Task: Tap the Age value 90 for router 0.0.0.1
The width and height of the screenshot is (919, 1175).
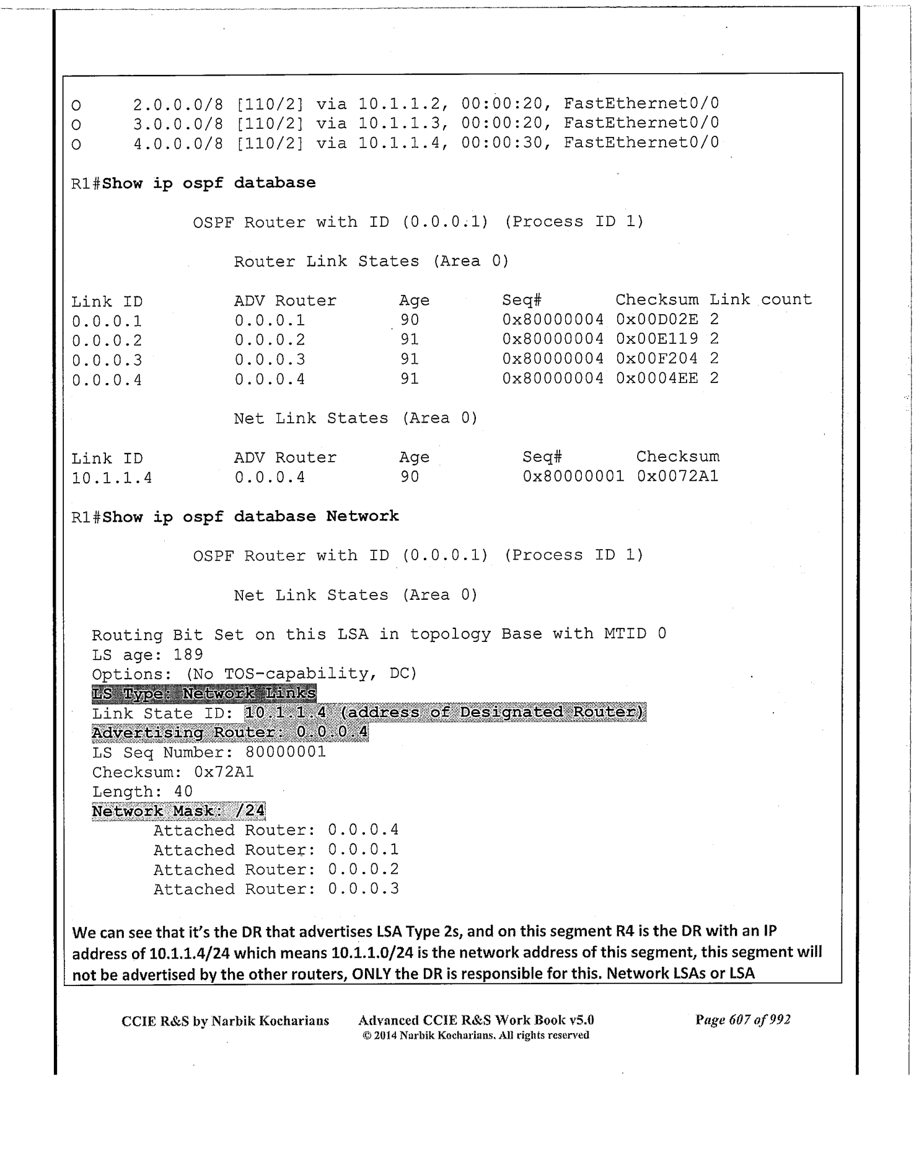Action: click(x=410, y=320)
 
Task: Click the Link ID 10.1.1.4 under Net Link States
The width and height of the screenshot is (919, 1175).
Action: click(x=112, y=478)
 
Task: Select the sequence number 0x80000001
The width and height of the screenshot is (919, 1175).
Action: click(x=573, y=477)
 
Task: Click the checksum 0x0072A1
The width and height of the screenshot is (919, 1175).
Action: click(x=677, y=477)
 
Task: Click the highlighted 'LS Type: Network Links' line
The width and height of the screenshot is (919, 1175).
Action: click(x=204, y=693)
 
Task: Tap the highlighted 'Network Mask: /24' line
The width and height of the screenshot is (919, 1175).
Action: click(x=178, y=811)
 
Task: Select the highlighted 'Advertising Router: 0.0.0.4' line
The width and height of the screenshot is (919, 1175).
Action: click(x=230, y=733)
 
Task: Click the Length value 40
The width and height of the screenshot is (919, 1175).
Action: click(x=183, y=791)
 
